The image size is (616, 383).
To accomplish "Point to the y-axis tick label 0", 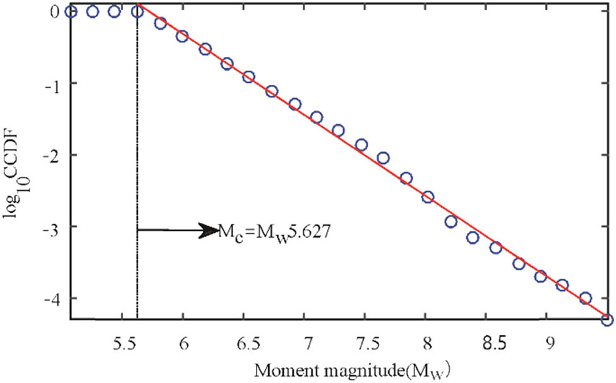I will [55, 11].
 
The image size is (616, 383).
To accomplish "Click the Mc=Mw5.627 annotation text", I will [277, 231].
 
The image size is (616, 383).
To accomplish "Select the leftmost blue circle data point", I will [70, 11].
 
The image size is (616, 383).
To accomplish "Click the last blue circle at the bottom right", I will [607, 319].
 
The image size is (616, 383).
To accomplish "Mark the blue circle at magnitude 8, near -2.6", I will [428, 197].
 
